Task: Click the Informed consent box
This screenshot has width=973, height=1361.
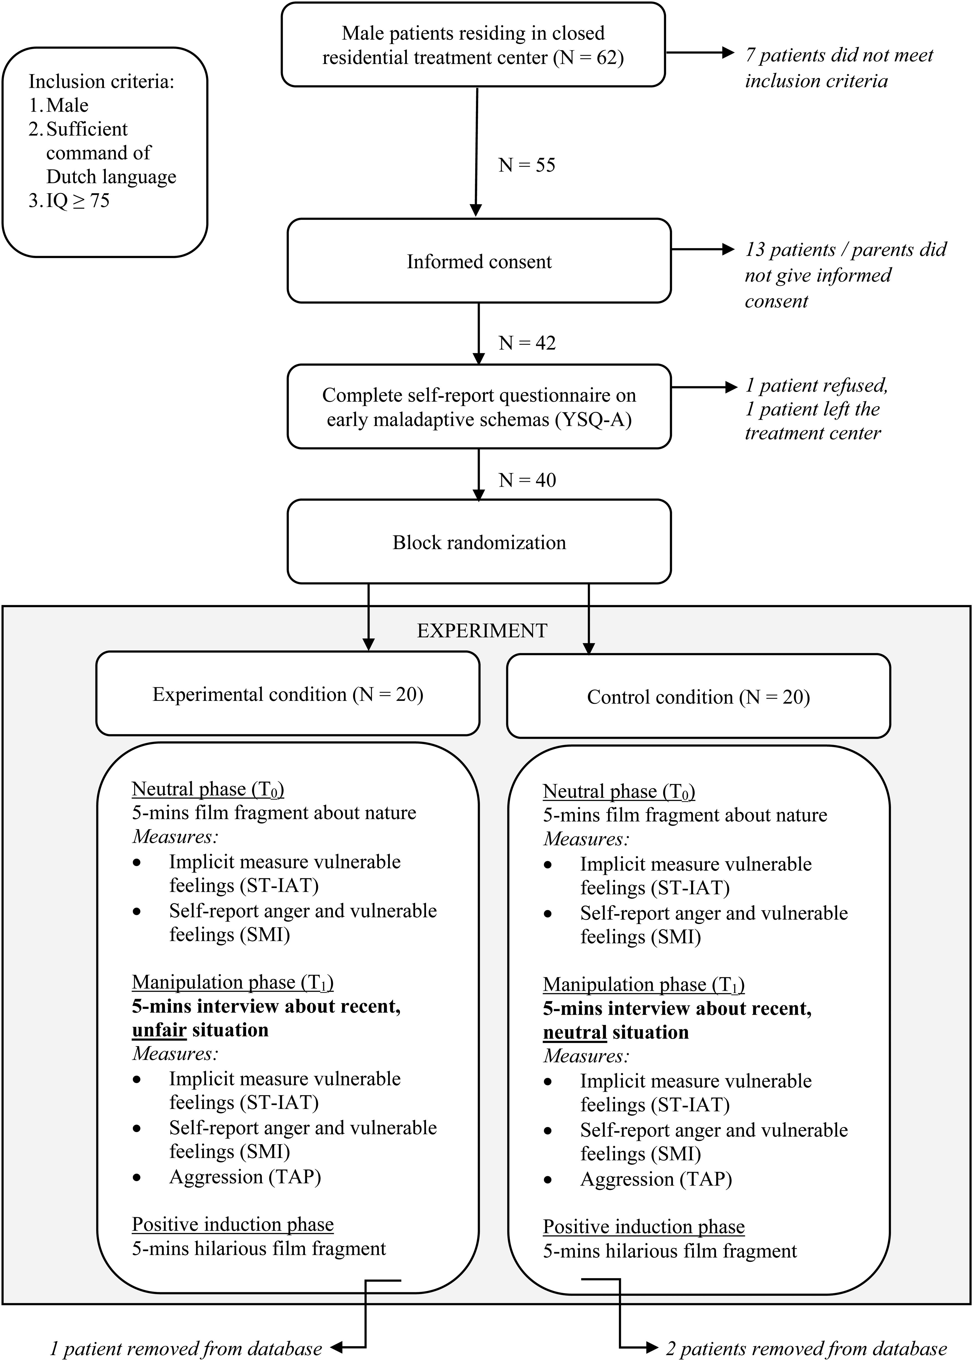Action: pyautogui.click(x=479, y=261)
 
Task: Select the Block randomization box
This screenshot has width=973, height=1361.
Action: pyautogui.click(x=479, y=542)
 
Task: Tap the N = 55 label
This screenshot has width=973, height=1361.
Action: pyautogui.click(x=527, y=165)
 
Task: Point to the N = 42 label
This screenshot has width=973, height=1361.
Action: pyautogui.click(x=527, y=343)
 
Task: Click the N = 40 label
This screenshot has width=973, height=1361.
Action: pyautogui.click(x=527, y=480)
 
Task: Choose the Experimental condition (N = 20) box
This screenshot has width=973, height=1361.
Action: pyautogui.click(x=287, y=693)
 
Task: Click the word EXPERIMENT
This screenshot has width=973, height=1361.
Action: pyautogui.click(x=482, y=630)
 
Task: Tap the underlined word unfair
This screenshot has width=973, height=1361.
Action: pyautogui.click(x=159, y=1030)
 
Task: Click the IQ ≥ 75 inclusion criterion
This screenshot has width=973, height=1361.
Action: pyautogui.click(x=69, y=200)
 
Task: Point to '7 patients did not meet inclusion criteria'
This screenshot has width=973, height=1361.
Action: pyautogui.click(x=839, y=68)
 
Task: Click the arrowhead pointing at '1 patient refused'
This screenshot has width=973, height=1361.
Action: pyautogui.click(x=731, y=387)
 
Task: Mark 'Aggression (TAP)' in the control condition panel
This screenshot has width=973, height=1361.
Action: pyautogui.click(x=656, y=1179)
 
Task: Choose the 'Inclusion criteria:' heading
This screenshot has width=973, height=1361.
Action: pyautogui.click(x=101, y=81)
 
